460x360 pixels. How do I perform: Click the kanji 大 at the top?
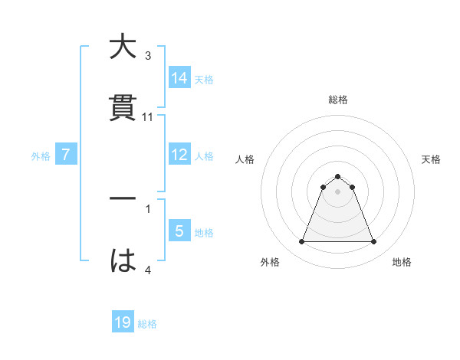[123, 47]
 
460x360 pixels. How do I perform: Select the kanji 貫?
[123, 108]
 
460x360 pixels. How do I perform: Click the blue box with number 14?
[179, 77]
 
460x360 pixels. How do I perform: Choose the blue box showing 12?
[179, 155]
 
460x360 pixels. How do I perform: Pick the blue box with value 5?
[179, 231]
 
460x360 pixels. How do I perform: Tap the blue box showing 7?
[66, 155]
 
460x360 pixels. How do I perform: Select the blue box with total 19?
[123, 322]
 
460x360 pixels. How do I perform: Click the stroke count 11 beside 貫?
[148, 117]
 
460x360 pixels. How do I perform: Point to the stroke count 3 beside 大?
[148, 56]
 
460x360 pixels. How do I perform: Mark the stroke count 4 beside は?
[148, 270]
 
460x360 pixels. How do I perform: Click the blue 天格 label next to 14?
[204, 79]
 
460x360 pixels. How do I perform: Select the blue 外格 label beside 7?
[41, 156]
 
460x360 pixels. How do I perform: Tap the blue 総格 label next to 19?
[147, 324]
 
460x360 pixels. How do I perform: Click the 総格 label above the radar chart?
[338, 100]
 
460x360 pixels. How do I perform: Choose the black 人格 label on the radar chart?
[245, 159]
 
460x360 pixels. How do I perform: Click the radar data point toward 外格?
[302, 242]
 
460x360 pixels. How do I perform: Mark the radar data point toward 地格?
[373, 242]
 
